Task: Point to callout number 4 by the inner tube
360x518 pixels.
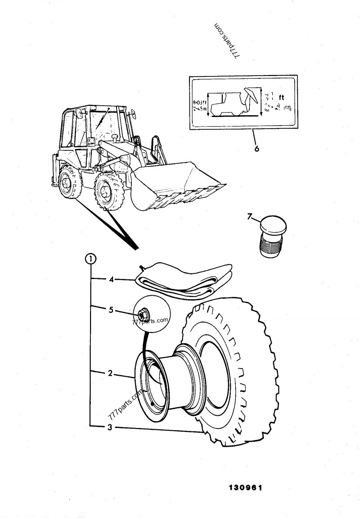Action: click(x=111, y=279)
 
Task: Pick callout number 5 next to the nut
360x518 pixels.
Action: click(x=111, y=310)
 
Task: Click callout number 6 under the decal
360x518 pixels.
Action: click(x=256, y=149)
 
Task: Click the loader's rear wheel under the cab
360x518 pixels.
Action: click(x=69, y=182)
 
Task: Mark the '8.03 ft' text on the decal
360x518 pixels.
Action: click(x=198, y=103)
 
